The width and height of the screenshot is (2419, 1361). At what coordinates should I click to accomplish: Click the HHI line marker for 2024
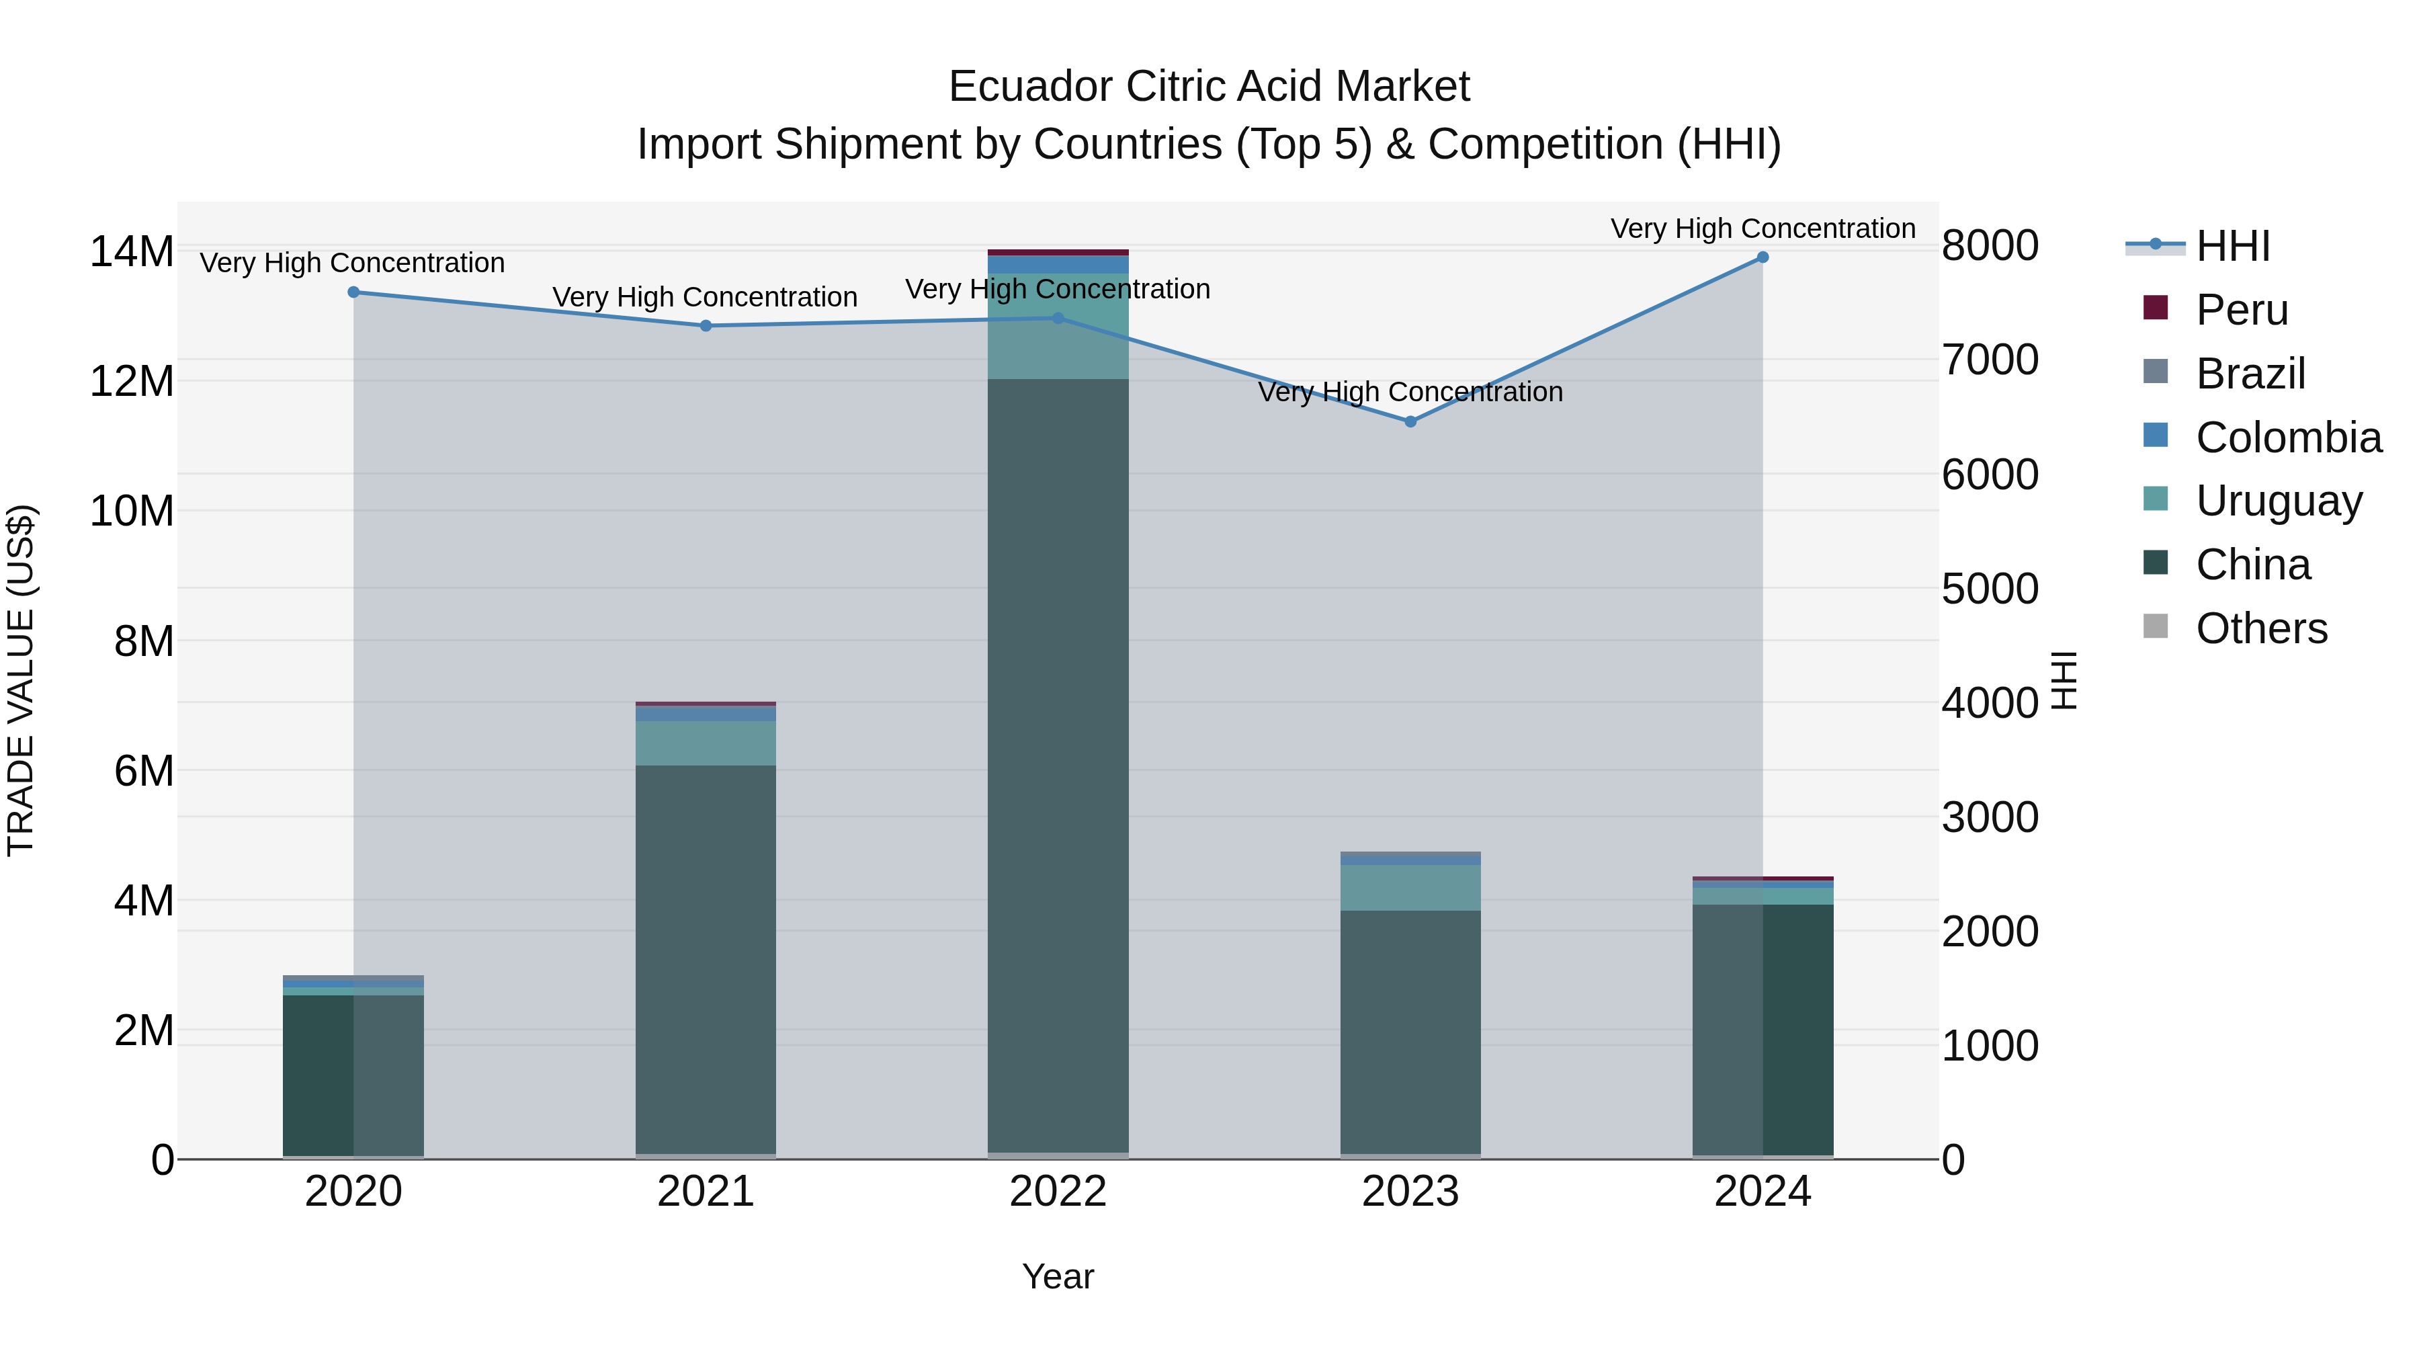click(1762, 257)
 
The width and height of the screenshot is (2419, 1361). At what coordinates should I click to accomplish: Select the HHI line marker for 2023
click(1410, 421)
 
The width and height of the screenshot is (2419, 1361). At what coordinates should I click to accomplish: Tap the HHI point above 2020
click(354, 292)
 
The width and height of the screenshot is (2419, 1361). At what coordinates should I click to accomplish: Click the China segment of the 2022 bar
click(1058, 766)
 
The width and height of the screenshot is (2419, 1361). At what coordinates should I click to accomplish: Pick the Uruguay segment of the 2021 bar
click(706, 743)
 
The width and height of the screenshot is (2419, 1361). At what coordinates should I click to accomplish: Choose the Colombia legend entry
click(2287, 438)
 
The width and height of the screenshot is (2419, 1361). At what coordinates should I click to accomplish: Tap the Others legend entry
click(2260, 628)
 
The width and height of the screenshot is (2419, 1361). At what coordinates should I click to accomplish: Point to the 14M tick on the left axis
click(132, 252)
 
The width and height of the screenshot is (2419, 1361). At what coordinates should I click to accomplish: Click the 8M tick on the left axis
click(144, 642)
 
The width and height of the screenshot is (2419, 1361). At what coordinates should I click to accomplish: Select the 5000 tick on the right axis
click(1989, 589)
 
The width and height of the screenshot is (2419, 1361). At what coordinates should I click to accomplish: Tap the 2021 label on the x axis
click(706, 1192)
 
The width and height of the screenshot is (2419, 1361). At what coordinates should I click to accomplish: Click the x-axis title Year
click(1058, 1276)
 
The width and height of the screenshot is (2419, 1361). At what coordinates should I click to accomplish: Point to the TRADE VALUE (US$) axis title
click(21, 680)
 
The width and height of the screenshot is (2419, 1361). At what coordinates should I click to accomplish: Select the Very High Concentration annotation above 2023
click(1410, 392)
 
